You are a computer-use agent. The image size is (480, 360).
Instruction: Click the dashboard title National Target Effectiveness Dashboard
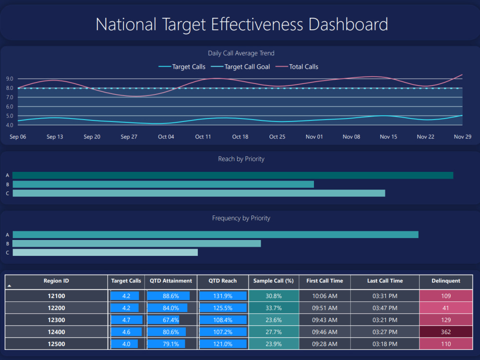click(x=241, y=24)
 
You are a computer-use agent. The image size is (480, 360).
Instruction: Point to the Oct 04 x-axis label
click(x=166, y=137)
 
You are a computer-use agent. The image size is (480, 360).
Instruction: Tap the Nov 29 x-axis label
click(x=462, y=137)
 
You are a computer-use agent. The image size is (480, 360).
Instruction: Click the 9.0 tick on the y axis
click(x=10, y=79)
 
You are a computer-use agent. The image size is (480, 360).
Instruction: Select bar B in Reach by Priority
click(x=163, y=184)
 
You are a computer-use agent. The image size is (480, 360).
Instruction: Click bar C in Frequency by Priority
click(x=105, y=252)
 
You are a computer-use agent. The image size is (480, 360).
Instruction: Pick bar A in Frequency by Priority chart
click(x=216, y=235)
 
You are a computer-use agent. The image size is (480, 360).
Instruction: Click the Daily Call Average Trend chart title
click(x=241, y=53)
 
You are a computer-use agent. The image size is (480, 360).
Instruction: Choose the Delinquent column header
click(x=445, y=281)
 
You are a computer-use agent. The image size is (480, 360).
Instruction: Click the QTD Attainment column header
click(x=171, y=281)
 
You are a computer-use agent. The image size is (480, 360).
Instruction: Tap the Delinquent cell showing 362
click(x=445, y=332)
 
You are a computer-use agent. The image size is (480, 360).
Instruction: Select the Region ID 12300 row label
click(x=56, y=320)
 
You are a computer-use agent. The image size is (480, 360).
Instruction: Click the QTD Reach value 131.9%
click(x=223, y=296)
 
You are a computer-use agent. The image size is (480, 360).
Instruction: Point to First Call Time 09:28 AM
click(x=324, y=344)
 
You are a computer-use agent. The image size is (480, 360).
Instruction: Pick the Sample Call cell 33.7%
click(x=274, y=308)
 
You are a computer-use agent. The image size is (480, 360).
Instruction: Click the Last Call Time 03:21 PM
click(x=384, y=320)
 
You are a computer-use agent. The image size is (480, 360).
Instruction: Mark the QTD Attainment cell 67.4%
click(x=171, y=320)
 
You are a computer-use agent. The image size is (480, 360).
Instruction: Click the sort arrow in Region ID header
click(x=9, y=286)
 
